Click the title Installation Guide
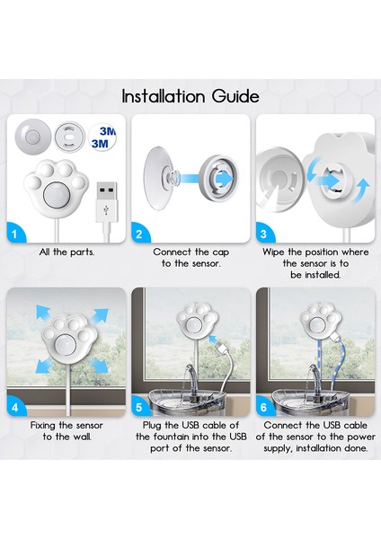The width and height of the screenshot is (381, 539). (190, 96)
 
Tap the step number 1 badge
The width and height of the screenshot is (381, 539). (14, 234)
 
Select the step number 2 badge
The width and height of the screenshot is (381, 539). (139, 234)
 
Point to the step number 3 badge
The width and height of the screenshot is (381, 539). (263, 234)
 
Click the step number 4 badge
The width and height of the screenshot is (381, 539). (14, 408)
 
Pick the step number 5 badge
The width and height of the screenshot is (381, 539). (139, 408)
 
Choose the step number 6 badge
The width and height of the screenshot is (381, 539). (263, 408)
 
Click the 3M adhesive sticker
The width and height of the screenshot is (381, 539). (102, 137)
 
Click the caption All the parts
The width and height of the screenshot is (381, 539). (66, 252)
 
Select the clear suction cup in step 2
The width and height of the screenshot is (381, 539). (158, 178)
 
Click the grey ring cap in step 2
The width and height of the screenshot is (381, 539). (218, 177)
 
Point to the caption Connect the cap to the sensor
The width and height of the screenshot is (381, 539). (190, 258)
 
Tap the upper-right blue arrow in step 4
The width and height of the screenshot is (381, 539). (101, 315)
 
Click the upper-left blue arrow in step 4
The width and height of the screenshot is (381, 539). (43, 312)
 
